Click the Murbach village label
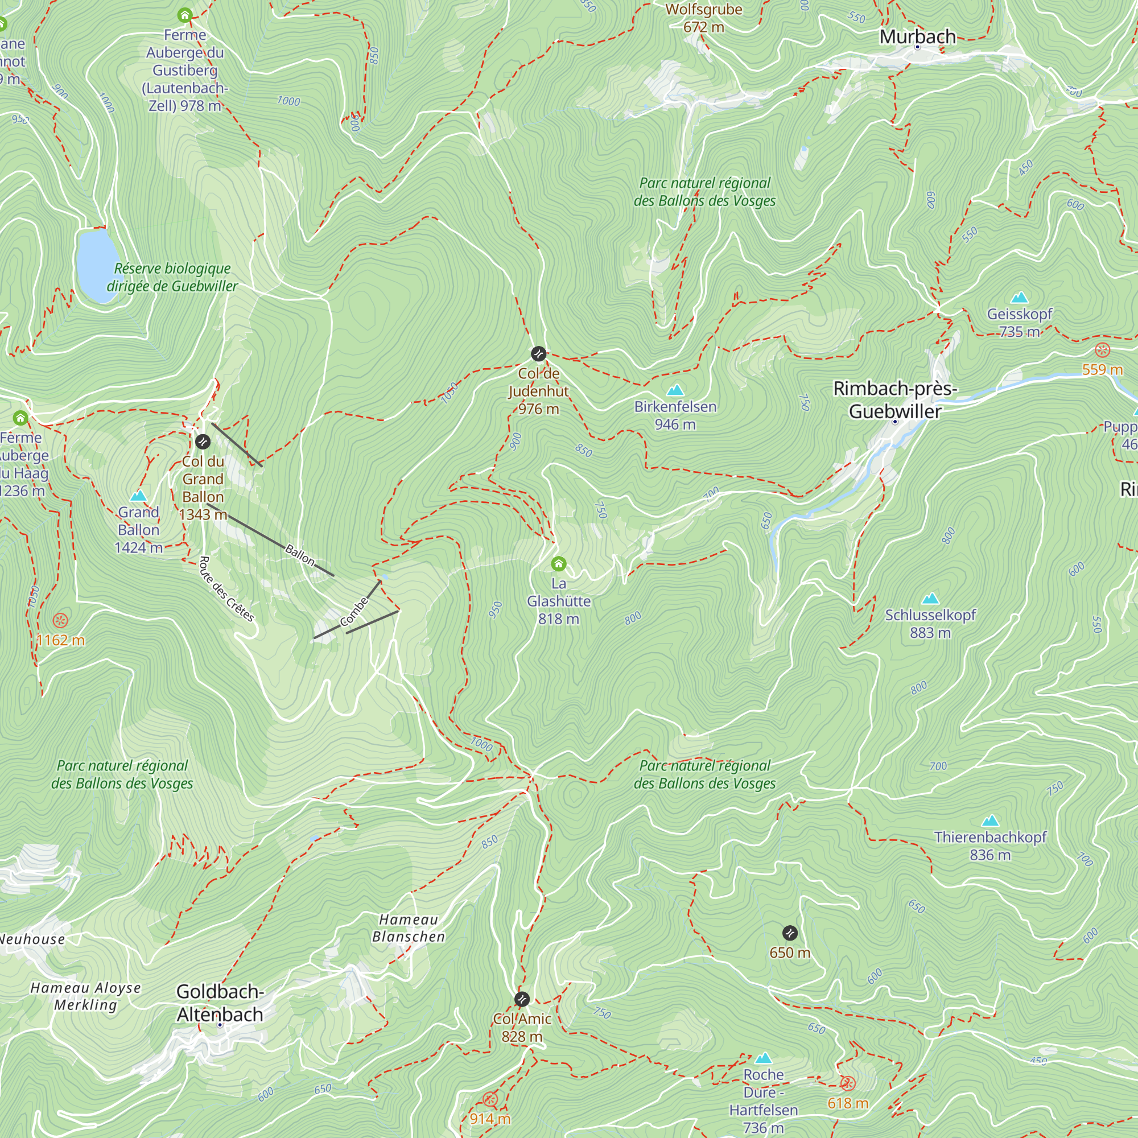pos(917,36)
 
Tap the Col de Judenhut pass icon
pos(538,353)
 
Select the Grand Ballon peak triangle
pos(138,496)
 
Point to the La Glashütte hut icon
pos(558,564)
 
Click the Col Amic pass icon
pos(522,999)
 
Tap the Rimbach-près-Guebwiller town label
pos(894,400)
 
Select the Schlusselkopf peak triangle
pos(930,599)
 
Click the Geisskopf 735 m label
pos(1019,323)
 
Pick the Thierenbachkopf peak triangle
pos(990,821)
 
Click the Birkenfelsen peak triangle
pos(675,390)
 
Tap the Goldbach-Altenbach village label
pos(220,1003)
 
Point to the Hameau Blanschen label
pos(408,927)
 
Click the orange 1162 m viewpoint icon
pos(60,620)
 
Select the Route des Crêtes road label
pos(227,589)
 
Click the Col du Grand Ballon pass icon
pos(203,441)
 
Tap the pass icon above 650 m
pos(790,933)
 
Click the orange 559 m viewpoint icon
pos(1102,351)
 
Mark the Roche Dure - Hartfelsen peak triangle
pos(764,1058)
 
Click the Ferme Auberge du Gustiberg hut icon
pos(185,15)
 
